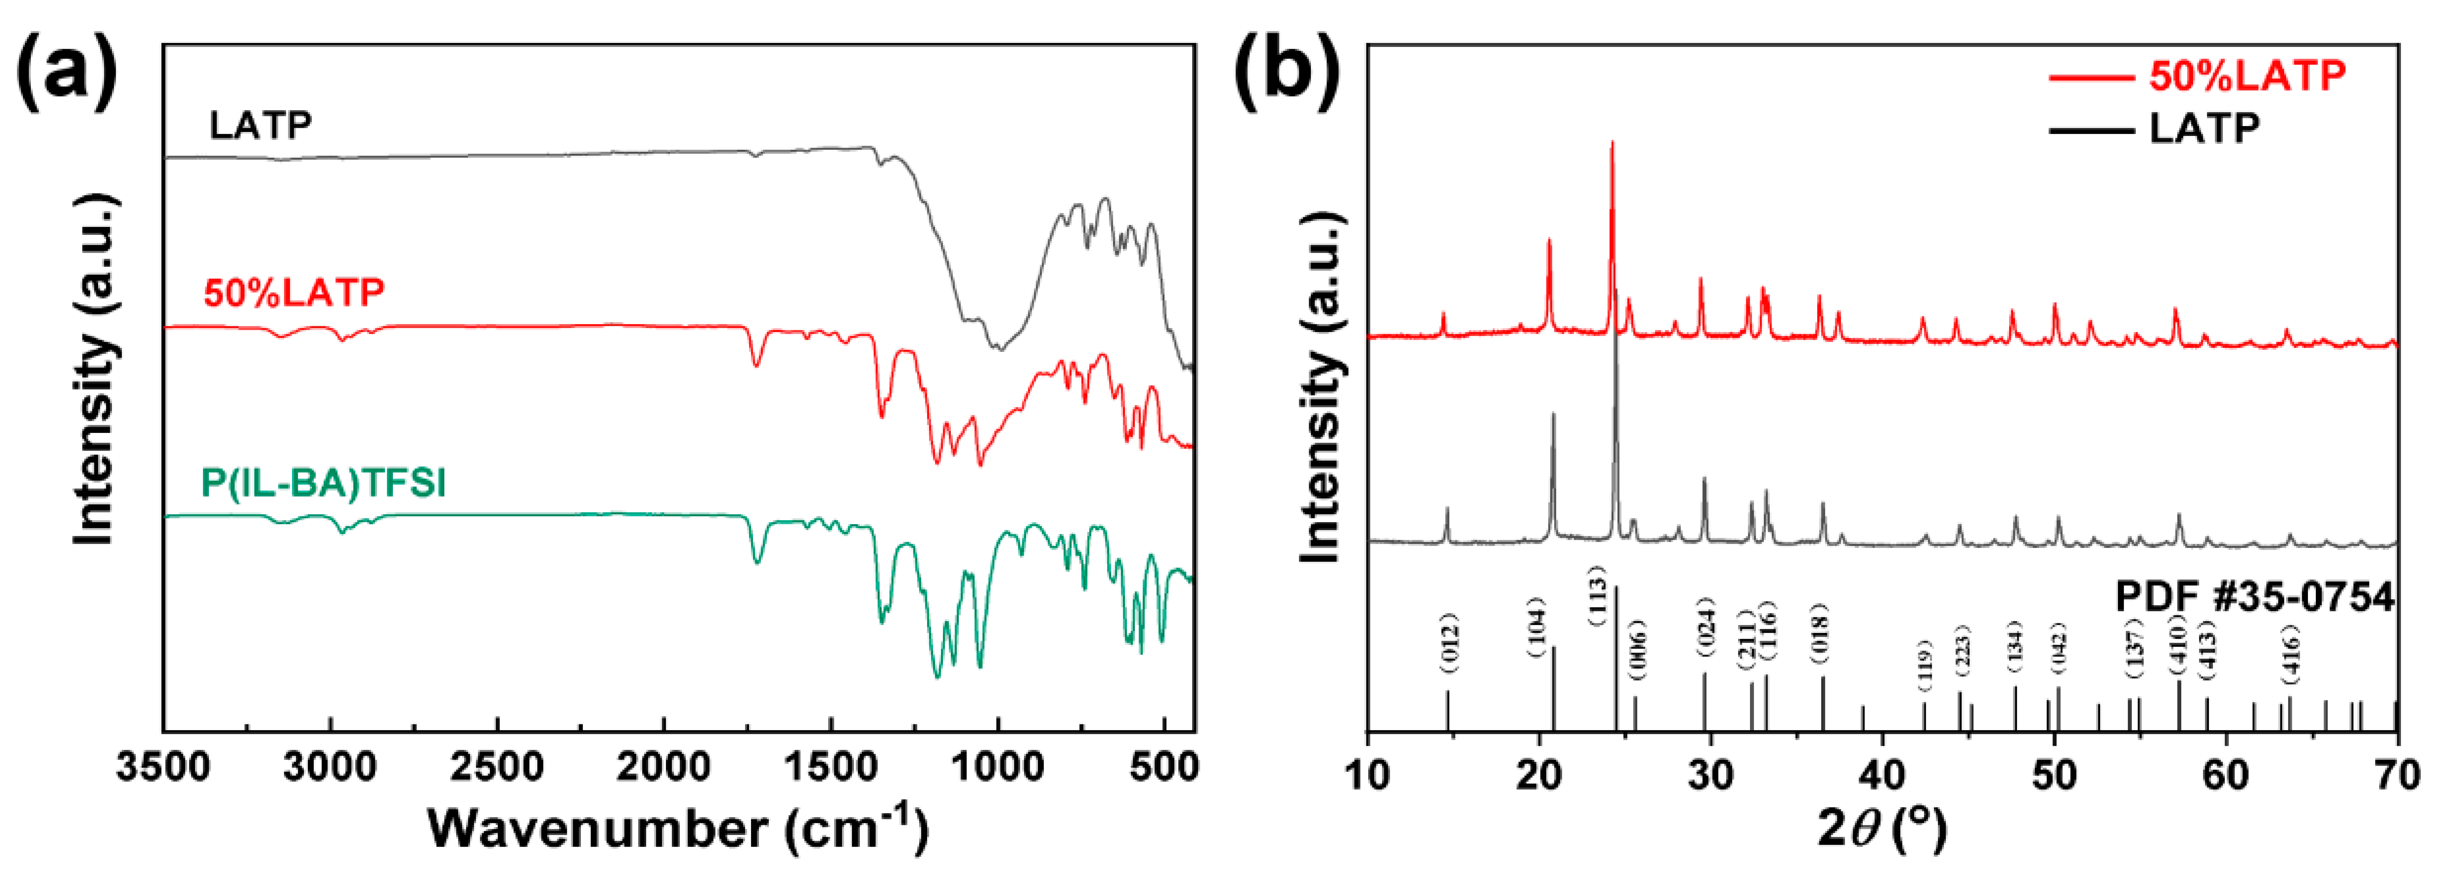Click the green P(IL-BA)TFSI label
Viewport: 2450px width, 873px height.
(x=323, y=483)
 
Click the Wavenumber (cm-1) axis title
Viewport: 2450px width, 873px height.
(x=677, y=827)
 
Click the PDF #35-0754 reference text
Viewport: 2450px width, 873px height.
(x=2254, y=597)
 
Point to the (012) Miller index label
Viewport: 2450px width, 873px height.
(x=1448, y=643)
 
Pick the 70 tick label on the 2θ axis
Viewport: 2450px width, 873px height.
(x=2397, y=775)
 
